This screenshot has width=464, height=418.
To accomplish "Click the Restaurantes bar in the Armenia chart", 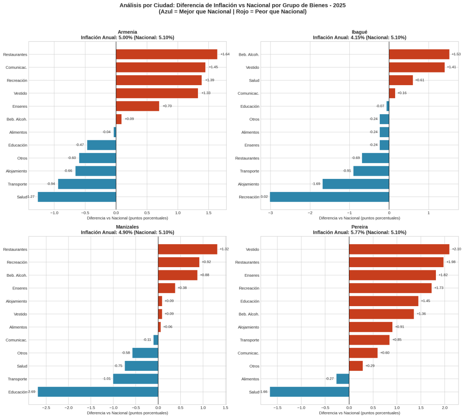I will [166, 54].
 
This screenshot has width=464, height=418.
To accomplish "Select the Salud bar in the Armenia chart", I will [77, 197].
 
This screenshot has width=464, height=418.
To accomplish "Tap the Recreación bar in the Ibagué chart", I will [329, 197].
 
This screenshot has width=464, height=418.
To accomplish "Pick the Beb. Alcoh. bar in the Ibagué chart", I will [419, 54].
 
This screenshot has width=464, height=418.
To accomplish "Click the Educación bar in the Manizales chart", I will [98, 392].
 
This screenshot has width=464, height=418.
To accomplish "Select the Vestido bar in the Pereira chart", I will [399, 249].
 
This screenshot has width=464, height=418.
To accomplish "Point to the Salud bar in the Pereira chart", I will [309, 392].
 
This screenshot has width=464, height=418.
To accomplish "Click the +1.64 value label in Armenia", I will [225, 54].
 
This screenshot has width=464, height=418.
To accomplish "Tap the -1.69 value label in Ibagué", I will [316, 184].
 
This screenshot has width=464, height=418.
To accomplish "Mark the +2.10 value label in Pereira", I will [456, 249].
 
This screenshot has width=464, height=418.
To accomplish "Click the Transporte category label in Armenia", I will [17, 184].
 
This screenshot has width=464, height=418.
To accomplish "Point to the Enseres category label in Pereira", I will [252, 275].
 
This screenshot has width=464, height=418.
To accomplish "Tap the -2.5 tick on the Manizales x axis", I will [46, 408].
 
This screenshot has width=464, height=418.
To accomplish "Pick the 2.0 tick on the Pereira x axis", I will [445, 408].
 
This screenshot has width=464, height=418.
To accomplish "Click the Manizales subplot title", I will [127, 226].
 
